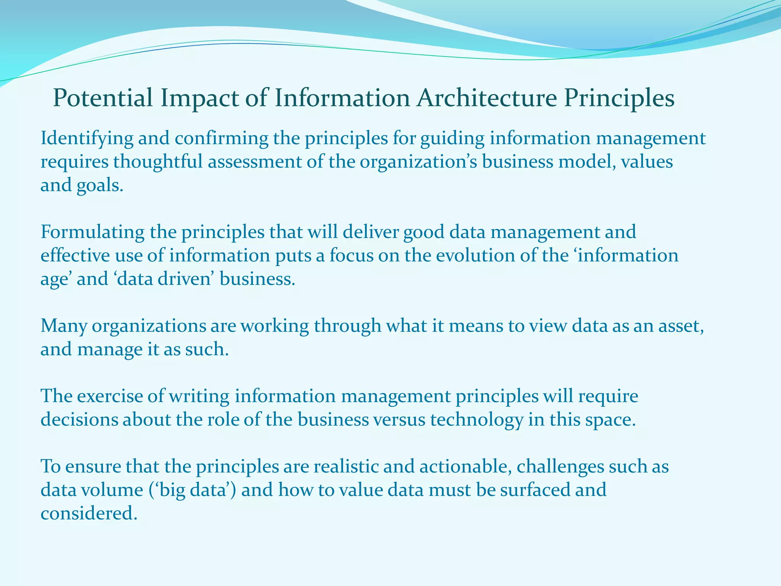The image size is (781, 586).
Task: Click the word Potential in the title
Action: pyautogui.click(x=103, y=98)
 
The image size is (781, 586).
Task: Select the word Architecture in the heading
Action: pyautogui.click(x=486, y=98)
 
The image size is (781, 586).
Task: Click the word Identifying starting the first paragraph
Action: pyautogui.click(x=87, y=138)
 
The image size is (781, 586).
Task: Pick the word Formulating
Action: pyautogui.click(x=92, y=232)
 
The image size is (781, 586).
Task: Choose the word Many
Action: pyautogui.click(x=64, y=326)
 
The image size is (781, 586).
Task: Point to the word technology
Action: pyautogui.click(x=477, y=420)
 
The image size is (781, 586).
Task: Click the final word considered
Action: pyautogui.click(x=88, y=514)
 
